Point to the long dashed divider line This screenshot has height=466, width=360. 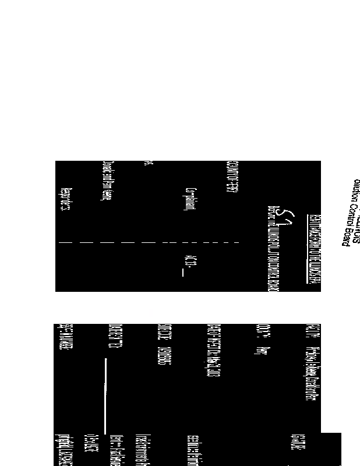(149, 241)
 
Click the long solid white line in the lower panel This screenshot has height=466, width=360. (105, 396)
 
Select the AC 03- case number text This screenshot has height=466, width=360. (188, 260)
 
